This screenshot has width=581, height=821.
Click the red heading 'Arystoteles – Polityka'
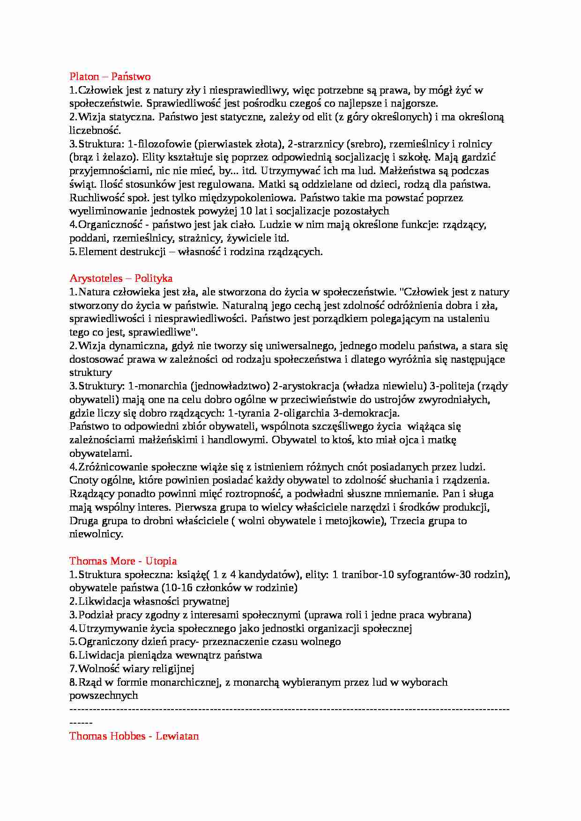click(x=121, y=279)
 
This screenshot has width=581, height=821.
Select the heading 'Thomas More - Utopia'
click(x=123, y=561)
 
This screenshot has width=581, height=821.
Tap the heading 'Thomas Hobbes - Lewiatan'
click(x=134, y=736)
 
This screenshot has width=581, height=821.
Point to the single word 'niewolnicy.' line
click(x=96, y=534)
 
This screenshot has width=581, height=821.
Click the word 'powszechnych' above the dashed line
click(x=104, y=696)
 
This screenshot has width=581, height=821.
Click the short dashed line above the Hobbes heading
click(x=81, y=723)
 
